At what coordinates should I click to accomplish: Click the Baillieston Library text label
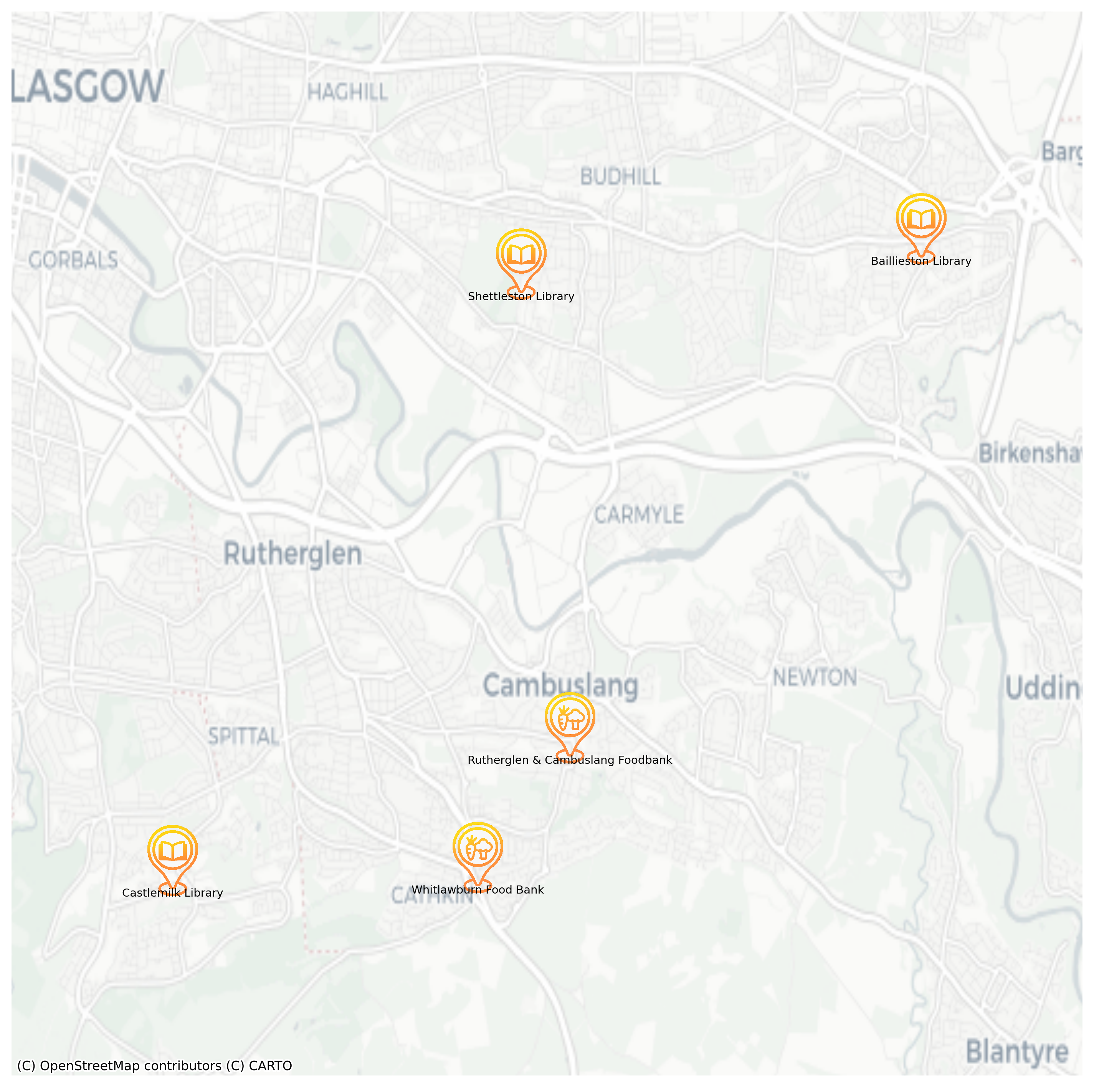921,261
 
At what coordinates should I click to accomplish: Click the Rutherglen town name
293,554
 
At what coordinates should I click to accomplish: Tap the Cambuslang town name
560,686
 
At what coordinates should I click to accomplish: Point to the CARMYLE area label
639,515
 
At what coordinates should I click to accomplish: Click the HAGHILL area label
348,92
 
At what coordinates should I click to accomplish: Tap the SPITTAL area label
243,737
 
